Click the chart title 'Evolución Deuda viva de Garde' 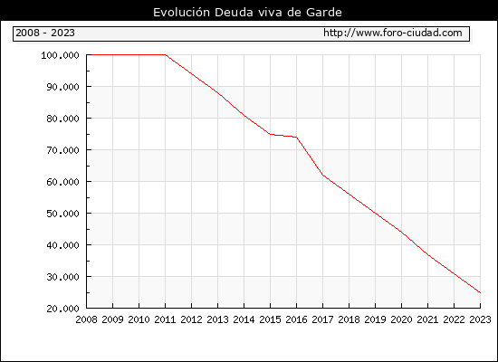click(247, 13)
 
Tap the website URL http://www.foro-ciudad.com click(393, 33)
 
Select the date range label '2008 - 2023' click(45, 33)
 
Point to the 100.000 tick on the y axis click(60, 55)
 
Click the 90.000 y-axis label click(62, 87)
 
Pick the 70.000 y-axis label click(62, 150)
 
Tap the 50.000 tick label click(62, 214)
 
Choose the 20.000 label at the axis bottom click(62, 309)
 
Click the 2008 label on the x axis click(86, 319)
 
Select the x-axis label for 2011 click(165, 319)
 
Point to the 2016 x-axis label click(296, 319)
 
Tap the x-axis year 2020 click(401, 319)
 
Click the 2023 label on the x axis click(480, 319)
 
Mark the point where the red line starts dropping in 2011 click(166, 54)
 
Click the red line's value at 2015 click(271, 134)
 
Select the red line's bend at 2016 click(297, 138)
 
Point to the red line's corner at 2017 click(322, 175)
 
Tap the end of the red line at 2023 click(480, 293)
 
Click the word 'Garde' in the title click(324, 13)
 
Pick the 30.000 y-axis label click(62, 277)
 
